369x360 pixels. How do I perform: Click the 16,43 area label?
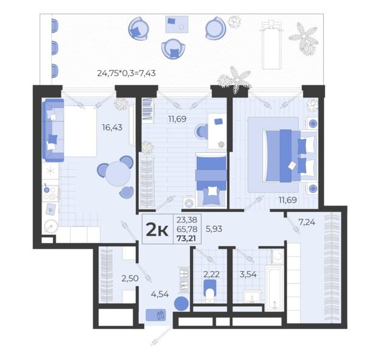tap(112, 127)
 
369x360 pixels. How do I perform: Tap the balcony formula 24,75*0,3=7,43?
tap(127, 73)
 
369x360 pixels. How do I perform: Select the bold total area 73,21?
tap(186, 239)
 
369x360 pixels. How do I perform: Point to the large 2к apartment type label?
tap(157, 230)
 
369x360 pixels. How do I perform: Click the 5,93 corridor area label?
tap(214, 228)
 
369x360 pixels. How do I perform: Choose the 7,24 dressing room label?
tap(307, 222)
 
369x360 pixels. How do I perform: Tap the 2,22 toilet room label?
tap(211, 274)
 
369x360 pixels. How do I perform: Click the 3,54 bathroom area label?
tap(248, 274)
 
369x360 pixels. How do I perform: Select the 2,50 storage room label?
tap(130, 278)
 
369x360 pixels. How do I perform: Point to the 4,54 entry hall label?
tap(160, 294)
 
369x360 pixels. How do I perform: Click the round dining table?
tap(118, 174)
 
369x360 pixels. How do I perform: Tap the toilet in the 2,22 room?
tap(210, 291)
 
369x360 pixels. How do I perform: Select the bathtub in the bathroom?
tap(275, 288)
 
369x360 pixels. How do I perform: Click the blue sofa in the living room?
tap(53, 130)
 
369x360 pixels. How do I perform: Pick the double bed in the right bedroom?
tap(290, 155)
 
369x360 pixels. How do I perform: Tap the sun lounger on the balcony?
tap(272, 44)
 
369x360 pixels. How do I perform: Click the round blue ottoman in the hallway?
tap(181, 304)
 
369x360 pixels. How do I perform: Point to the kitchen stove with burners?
tap(51, 193)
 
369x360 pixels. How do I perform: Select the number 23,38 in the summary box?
tap(187, 220)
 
